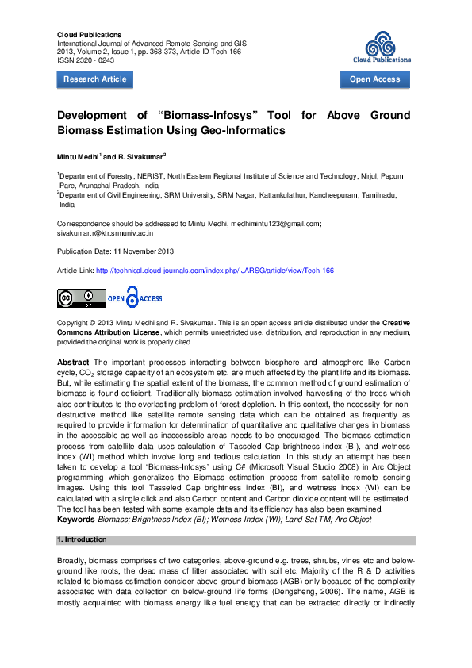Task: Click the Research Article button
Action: coord(94,79)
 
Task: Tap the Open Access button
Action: coord(374,79)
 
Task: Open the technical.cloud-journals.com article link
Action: coord(215,271)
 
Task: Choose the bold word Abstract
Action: coord(73,363)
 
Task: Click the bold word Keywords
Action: coord(75,519)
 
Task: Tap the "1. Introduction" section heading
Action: coord(83,539)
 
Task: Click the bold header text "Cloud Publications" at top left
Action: coord(89,35)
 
